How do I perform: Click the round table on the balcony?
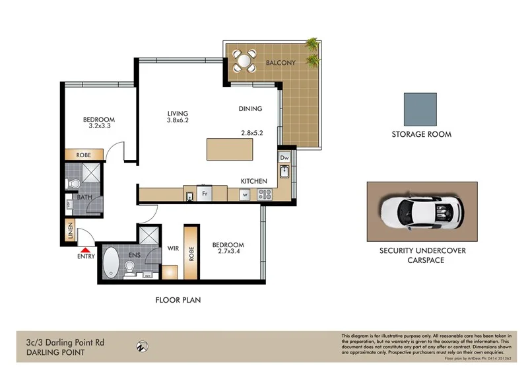tap(244, 63)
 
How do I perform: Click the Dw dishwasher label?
tap(284, 158)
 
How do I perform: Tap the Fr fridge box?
tap(205, 194)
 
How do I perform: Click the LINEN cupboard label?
tap(69, 231)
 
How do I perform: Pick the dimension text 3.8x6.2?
tap(178, 121)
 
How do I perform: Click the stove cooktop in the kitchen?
tap(265, 194)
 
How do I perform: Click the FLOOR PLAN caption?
tap(178, 300)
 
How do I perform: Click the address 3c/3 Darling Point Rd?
tap(60, 342)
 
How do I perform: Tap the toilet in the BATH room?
tap(75, 183)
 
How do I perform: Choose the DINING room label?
tap(250, 109)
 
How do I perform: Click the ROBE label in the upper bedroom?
tap(83, 155)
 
